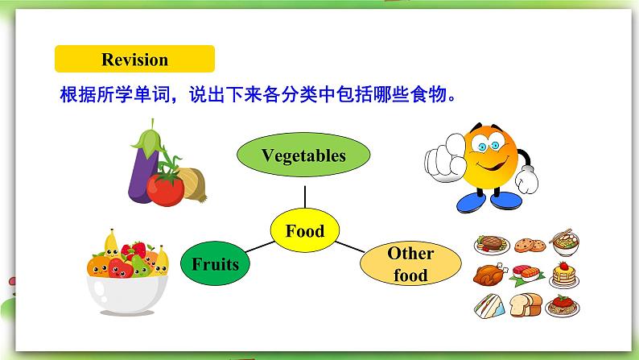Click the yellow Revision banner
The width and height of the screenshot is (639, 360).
(134, 59)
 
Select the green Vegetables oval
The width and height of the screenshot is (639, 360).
(303, 155)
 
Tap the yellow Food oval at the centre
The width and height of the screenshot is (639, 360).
(305, 230)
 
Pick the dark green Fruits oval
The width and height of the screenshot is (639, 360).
(215, 263)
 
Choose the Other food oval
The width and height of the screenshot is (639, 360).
(410, 263)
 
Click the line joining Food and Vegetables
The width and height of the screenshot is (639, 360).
(305, 197)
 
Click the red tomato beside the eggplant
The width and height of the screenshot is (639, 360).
(166, 189)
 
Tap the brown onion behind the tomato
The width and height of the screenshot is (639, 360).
(193, 184)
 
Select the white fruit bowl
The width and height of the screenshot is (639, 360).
(127, 294)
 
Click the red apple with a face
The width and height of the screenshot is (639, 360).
(120, 268)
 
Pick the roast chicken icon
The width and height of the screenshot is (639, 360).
(490, 275)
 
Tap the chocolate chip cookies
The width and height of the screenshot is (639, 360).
(530, 245)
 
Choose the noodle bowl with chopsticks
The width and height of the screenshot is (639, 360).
(565, 242)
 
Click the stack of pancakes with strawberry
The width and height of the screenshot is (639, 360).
(564, 275)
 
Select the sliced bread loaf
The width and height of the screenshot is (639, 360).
(526, 305)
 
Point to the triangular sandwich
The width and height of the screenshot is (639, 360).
(489, 306)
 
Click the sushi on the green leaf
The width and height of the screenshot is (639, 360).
(527, 275)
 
